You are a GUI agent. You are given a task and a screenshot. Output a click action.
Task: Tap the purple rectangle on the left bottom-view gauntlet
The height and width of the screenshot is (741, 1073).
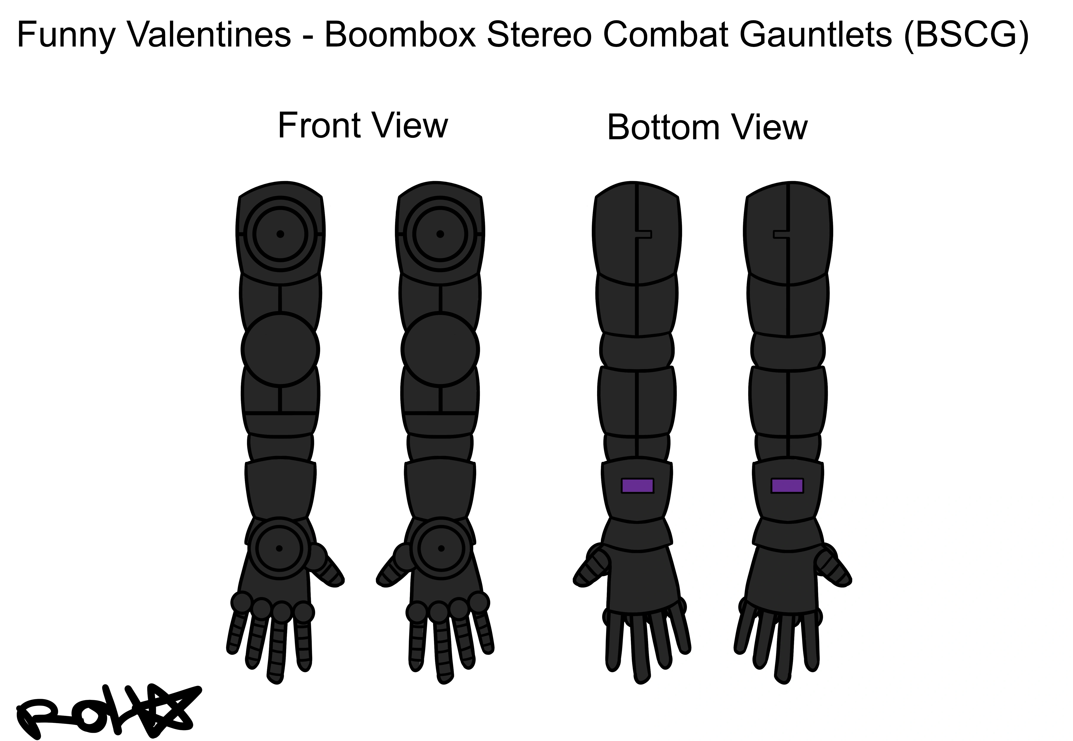click(x=637, y=486)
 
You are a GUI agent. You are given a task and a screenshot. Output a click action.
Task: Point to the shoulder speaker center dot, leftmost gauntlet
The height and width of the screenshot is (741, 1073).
click(x=280, y=234)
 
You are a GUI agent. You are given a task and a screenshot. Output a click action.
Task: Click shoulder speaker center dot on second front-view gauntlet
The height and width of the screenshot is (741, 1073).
click(x=440, y=234)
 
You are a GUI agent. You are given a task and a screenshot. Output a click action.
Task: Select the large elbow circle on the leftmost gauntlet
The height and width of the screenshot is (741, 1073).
click(x=280, y=349)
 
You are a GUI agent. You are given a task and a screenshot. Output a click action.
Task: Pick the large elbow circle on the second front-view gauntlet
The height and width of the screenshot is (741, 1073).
click(x=440, y=349)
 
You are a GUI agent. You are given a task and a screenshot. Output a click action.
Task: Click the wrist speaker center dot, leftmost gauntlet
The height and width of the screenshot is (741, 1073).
click(x=279, y=548)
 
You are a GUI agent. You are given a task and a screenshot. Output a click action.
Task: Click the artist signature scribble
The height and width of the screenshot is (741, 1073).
click(x=107, y=713)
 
